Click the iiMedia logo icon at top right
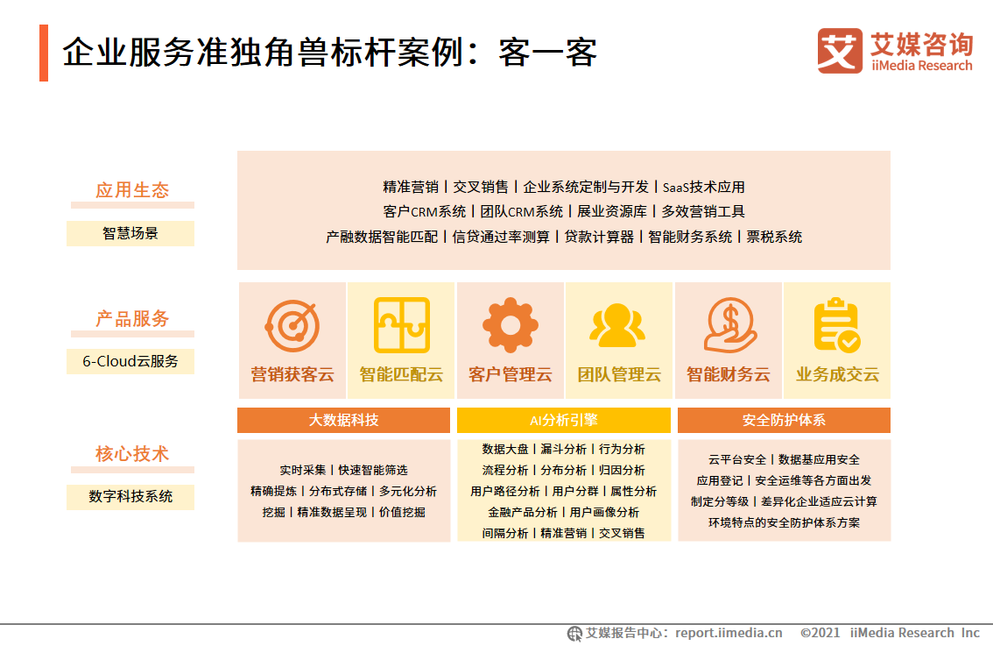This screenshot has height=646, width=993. [839, 51]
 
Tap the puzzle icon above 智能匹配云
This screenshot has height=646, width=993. [401, 325]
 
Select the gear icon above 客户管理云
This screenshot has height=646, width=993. [511, 325]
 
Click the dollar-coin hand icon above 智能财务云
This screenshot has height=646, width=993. [729, 325]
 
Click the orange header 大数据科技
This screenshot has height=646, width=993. [343, 421]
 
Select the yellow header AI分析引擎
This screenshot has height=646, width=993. [563, 421]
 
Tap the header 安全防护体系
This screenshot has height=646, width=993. [784, 421]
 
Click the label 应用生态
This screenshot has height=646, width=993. [132, 190]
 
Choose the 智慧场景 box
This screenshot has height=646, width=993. [130, 233]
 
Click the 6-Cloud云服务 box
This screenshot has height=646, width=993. [130, 361]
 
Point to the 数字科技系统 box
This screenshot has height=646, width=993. [130, 496]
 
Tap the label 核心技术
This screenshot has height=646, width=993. [132, 454]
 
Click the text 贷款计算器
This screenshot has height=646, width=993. [598, 237]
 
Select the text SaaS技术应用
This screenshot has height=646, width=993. [703, 187]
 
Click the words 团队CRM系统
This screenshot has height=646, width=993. [522, 211]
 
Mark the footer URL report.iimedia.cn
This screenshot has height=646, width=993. [729, 633]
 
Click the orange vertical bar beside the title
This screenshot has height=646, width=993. [44, 53]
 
